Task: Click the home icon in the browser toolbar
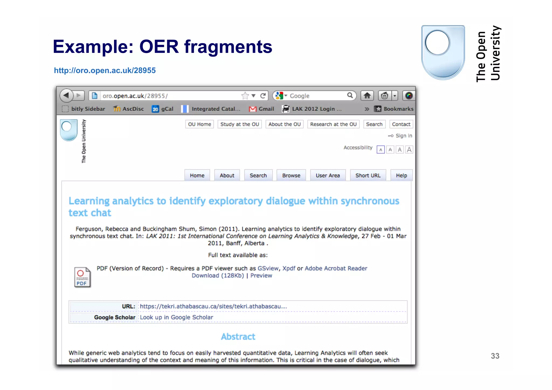click(367, 96)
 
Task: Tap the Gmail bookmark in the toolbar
click(261, 109)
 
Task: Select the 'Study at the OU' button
click(240, 124)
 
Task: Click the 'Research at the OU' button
click(333, 124)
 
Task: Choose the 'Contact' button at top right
click(401, 124)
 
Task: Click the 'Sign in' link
click(403, 136)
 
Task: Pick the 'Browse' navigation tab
click(291, 175)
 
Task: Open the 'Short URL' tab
click(368, 175)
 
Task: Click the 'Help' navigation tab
click(401, 175)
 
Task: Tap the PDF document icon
click(82, 277)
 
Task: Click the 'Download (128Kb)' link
click(218, 275)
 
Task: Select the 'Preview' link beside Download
click(261, 275)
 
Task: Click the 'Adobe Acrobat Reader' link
click(336, 268)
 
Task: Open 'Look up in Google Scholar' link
click(176, 317)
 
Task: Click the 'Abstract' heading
click(238, 337)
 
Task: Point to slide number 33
click(495, 356)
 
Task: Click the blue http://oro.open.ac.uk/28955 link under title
click(105, 70)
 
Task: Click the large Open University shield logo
click(443, 53)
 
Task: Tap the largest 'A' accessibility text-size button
click(409, 150)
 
